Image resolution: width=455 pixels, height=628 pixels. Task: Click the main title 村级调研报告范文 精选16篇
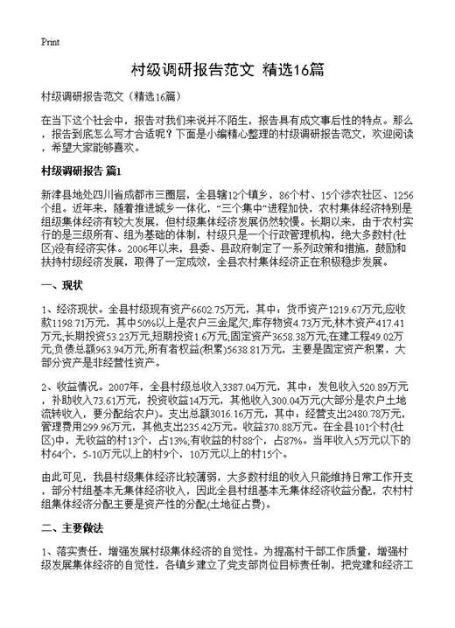[227, 67]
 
